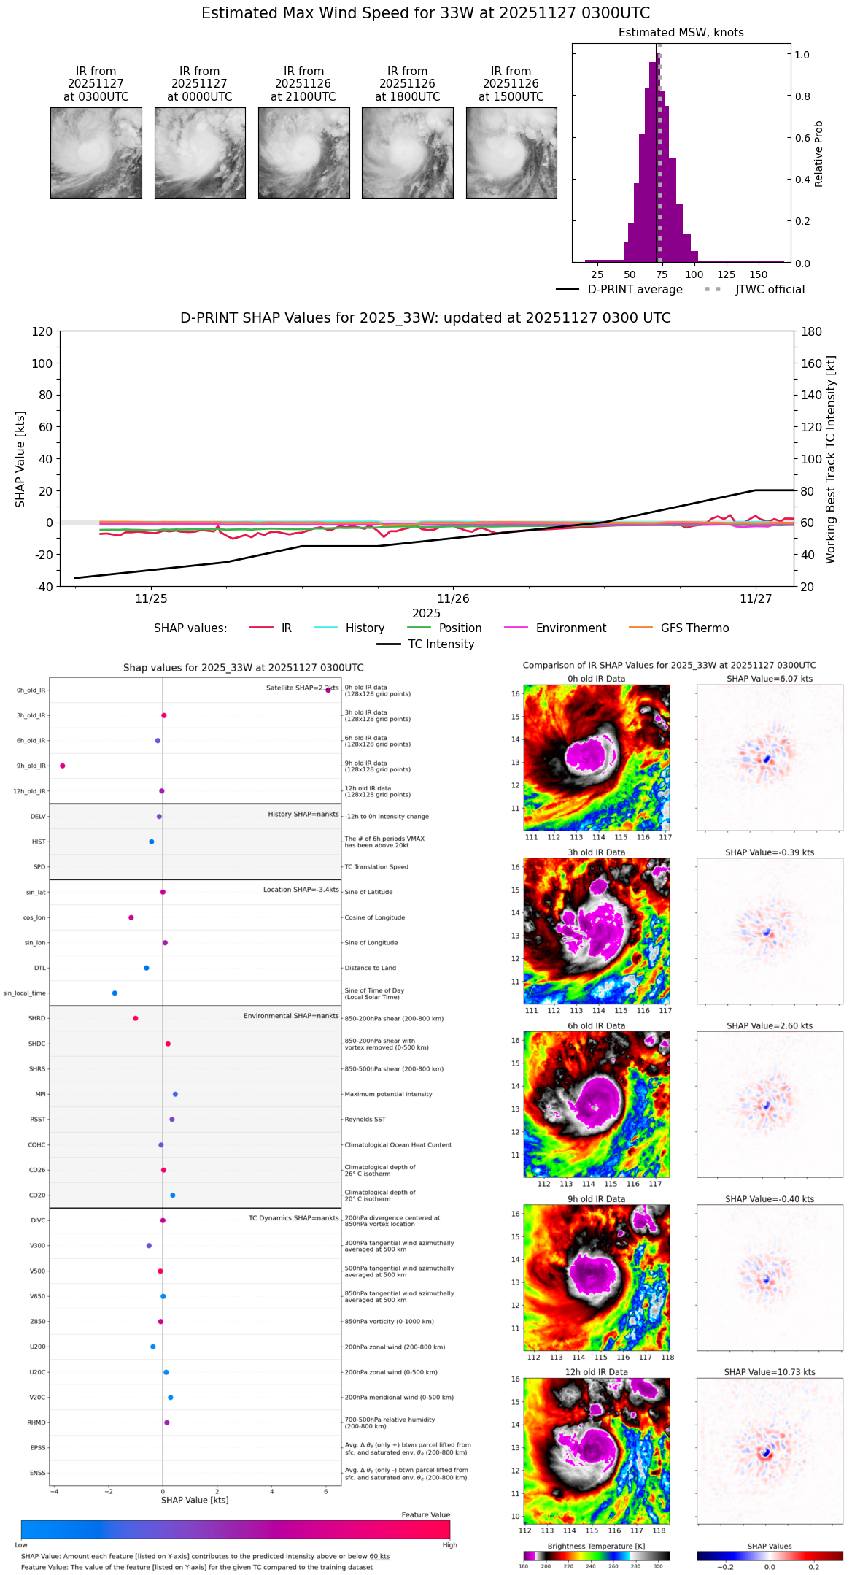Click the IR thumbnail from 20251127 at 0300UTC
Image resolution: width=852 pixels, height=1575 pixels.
pyautogui.click(x=96, y=153)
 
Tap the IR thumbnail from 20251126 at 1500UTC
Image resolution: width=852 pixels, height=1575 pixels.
pyautogui.click(x=511, y=153)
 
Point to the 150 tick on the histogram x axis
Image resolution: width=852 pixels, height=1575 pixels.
pyautogui.click(x=759, y=274)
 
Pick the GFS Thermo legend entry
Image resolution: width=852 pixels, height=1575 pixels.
pyautogui.click(x=694, y=628)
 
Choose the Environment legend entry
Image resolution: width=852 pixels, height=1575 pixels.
pyautogui.click(x=570, y=628)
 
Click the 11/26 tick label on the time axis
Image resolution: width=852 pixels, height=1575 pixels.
pyautogui.click(x=453, y=599)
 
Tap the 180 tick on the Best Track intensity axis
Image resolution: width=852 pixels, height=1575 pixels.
pyautogui.click(x=812, y=331)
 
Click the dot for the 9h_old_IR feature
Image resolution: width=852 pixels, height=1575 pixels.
pyautogui.click(x=63, y=766)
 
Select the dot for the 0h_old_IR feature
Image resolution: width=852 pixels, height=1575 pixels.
pyautogui.click(x=328, y=690)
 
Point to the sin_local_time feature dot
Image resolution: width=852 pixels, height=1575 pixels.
pyautogui.click(x=115, y=993)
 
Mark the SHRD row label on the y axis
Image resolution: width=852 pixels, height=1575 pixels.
pyautogui.click(x=36, y=1018)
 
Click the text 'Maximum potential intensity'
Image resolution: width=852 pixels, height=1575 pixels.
pyautogui.click(x=388, y=1094)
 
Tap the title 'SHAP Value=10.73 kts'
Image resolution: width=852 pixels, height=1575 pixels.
pyautogui.click(x=770, y=1372)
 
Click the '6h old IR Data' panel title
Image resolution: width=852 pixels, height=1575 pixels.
pyautogui.click(x=596, y=1025)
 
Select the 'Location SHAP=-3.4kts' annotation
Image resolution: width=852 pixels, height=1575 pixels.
pyautogui.click(x=301, y=890)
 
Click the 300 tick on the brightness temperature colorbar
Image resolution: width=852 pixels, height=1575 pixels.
pyautogui.click(x=658, y=1566)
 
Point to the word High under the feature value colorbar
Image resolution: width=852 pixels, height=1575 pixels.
pyautogui.click(x=449, y=1544)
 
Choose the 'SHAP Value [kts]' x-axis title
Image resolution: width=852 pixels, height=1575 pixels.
pyautogui.click(x=195, y=1500)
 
